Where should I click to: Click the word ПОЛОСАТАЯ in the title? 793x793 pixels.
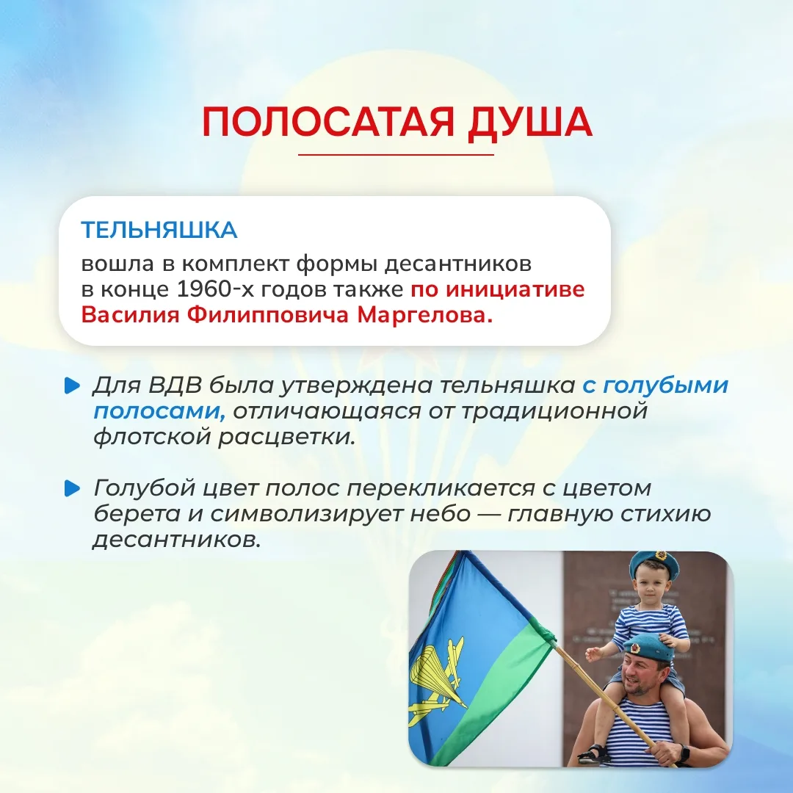click(x=328, y=122)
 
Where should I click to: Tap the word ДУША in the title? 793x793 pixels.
click(x=529, y=123)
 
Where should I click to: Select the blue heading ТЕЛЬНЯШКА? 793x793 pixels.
click(x=159, y=230)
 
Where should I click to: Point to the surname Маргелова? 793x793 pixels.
click(x=425, y=314)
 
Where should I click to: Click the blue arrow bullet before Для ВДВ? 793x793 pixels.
click(x=72, y=386)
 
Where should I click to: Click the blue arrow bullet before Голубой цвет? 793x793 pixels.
click(x=72, y=488)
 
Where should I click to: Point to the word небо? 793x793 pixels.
click(x=441, y=514)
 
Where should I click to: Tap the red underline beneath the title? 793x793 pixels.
click(x=396, y=155)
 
